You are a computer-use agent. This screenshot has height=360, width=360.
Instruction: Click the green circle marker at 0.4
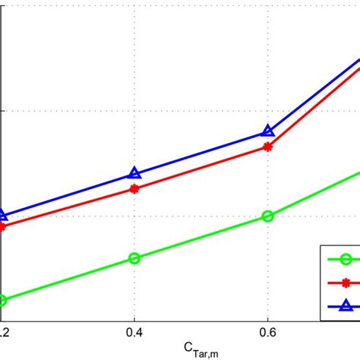134,258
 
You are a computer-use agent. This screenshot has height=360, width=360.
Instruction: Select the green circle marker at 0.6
267,216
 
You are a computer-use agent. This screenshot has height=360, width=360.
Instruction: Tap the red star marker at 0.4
134,188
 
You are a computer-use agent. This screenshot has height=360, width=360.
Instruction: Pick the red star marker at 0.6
267,147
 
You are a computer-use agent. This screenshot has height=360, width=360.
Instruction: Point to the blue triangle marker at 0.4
134,174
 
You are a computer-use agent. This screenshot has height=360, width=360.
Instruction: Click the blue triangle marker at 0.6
267,131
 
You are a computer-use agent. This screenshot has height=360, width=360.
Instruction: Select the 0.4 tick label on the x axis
134,332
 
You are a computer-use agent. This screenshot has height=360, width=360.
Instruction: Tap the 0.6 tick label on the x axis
267,332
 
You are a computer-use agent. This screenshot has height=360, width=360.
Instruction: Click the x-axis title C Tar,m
201,348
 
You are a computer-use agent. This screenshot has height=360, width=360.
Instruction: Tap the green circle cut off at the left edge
2,301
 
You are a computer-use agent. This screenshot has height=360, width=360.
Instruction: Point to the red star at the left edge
2,226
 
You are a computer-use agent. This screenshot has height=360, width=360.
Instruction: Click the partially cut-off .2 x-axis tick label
4,332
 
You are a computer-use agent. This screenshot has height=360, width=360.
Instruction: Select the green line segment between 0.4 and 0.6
201,237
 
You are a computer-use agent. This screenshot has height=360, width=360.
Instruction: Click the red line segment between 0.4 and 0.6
201,167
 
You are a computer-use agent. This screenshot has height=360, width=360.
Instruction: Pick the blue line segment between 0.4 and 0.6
201,153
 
